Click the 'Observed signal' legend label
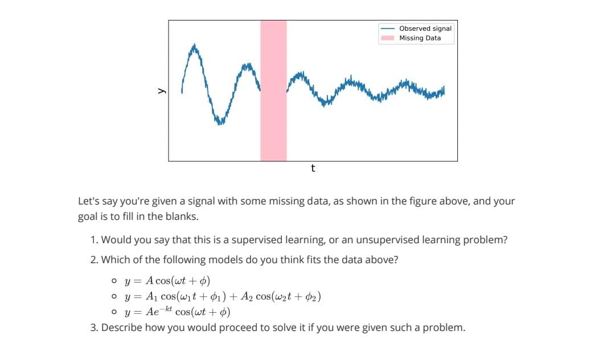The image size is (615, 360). point(425,28)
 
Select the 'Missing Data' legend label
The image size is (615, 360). point(420,38)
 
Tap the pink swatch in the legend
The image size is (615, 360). point(388,38)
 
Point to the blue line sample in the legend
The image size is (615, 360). point(388,28)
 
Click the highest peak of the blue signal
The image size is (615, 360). point(195,45)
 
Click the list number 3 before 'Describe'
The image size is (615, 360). point(93,328)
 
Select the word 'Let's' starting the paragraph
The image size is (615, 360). point(88,201)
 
